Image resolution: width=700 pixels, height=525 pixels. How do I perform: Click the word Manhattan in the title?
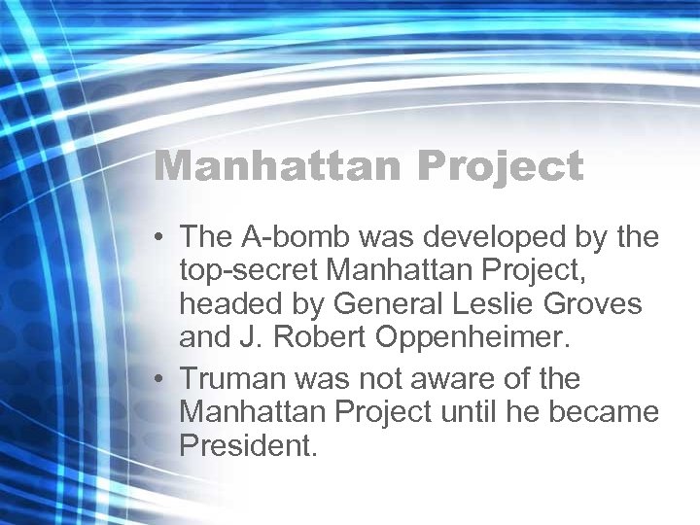278,165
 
